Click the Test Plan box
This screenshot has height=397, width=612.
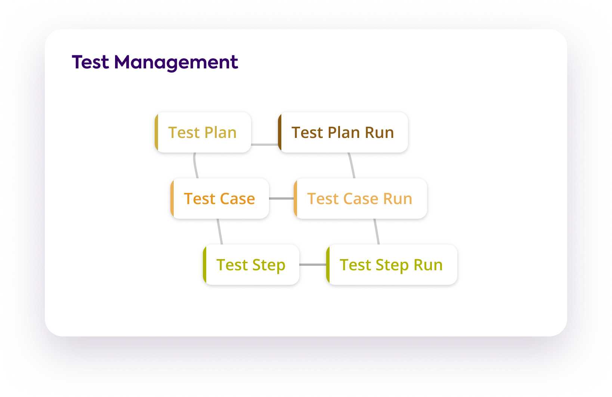[203, 132]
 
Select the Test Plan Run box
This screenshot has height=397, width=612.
[343, 132]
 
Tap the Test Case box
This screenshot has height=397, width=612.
[220, 198]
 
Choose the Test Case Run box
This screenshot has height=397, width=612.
[360, 198]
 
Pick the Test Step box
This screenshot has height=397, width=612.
[251, 265]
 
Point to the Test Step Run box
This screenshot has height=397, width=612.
[392, 265]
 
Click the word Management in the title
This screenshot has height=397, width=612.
[176, 62]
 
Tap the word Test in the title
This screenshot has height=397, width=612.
[90, 62]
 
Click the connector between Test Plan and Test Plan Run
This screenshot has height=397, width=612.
[265, 144]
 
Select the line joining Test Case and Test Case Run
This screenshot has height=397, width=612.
[281, 198]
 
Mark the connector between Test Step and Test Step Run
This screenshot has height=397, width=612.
[313, 265]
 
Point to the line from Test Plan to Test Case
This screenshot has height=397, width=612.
[195, 165]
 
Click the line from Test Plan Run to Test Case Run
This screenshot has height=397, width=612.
[351, 165]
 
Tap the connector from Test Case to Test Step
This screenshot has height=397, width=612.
[220, 232]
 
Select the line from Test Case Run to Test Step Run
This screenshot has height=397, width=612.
[377, 232]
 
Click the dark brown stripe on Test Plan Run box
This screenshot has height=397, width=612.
[280, 132]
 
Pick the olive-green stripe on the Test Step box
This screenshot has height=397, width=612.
[205, 265]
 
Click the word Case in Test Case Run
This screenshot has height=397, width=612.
[361, 198]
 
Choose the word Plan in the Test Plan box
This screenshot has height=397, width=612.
[220, 132]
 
